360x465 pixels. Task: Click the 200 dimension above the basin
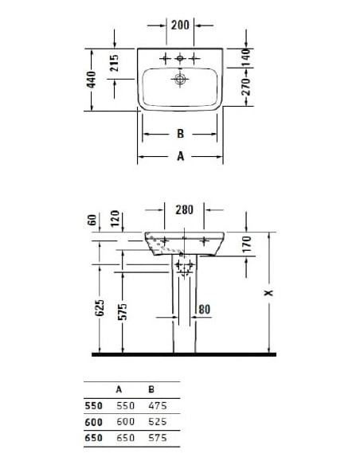pyautogui.click(x=180, y=25)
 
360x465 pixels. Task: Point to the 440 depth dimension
pyautogui.click(x=92, y=79)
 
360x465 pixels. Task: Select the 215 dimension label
pyautogui.click(x=115, y=64)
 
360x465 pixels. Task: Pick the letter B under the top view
pyautogui.click(x=181, y=135)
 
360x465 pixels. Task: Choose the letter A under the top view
pyautogui.click(x=181, y=157)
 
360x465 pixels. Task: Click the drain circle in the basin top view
pyautogui.click(x=180, y=80)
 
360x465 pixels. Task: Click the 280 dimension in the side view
pyautogui.click(x=184, y=210)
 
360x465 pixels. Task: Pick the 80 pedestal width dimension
pyautogui.click(x=204, y=308)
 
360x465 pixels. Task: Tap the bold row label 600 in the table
pyautogui.click(x=93, y=421)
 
